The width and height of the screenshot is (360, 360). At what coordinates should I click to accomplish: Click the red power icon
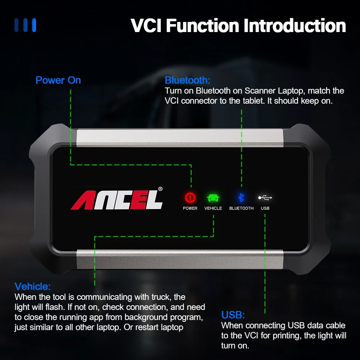(190, 197)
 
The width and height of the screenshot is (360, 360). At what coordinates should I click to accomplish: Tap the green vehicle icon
(213, 198)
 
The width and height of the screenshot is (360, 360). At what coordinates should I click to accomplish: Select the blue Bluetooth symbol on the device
(242, 197)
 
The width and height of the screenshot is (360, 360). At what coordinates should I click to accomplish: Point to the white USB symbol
(265, 197)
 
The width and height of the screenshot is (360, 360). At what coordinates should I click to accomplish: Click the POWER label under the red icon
(190, 208)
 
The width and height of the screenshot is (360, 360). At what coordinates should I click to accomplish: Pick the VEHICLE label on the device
(213, 208)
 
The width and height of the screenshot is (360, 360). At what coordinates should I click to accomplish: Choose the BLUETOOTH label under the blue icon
(242, 208)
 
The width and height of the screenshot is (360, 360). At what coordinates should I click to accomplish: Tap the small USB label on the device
(265, 208)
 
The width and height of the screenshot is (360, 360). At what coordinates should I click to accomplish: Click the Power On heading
(58, 80)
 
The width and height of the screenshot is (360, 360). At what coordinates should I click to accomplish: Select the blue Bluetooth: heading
(187, 80)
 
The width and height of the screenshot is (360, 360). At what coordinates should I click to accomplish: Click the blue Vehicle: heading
(32, 287)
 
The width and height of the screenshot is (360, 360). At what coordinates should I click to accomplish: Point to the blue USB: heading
(233, 315)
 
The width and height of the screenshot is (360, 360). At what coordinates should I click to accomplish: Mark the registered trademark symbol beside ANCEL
(161, 189)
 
